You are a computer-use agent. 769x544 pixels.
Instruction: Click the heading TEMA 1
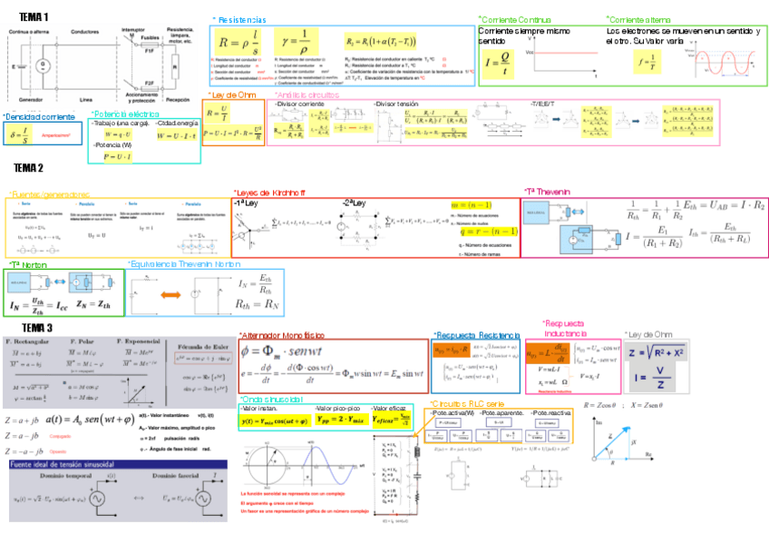point(34,16)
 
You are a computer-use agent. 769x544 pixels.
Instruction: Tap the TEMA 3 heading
point(38,327)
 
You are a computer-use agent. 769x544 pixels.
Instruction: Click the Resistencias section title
point(239,19)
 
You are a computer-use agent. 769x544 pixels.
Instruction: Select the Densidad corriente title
point(39,117)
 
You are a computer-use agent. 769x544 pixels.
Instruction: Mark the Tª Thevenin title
point(549,192)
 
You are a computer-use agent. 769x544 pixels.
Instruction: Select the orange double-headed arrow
point(171,294)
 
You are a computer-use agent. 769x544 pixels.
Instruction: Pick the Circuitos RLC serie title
point(466,402)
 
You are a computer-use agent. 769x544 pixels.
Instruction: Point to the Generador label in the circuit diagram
point(30,99)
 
